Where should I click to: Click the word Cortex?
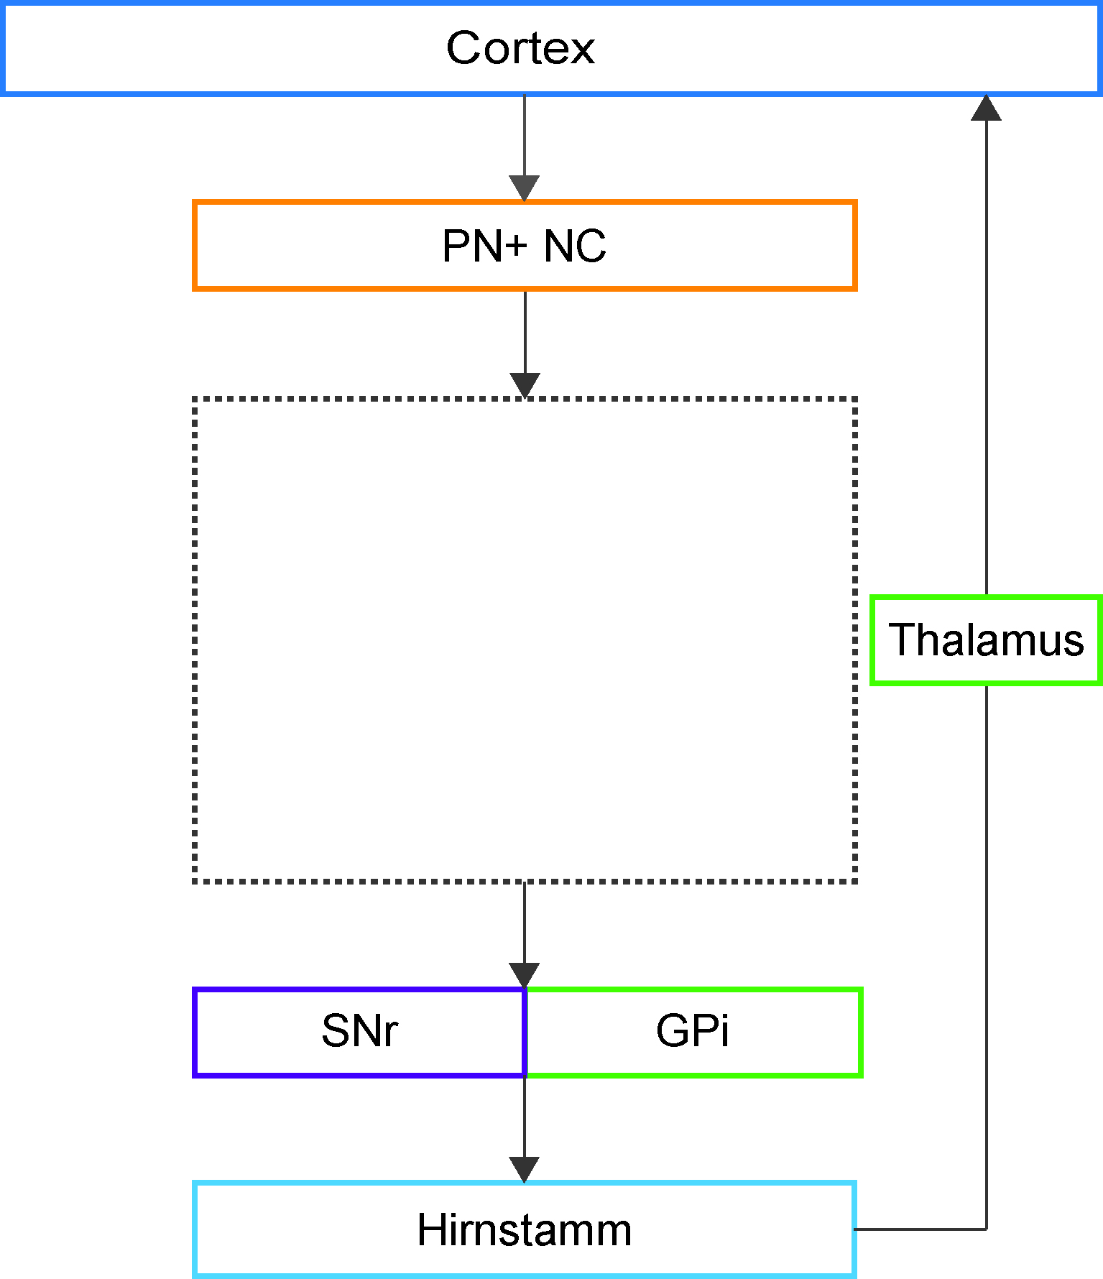pyautogui.click(x=520, y=48)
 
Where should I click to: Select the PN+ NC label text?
pyautogui.click(x=524, y=246)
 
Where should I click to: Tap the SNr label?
pyautogui.click(x=359, y=1030)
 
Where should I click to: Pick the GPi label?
pyautogui.click(x=693, y=1030)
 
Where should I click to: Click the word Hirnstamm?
pyautogui.click(x=524, y=1229)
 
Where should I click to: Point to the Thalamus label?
pyautogui.click(x=986, y=639)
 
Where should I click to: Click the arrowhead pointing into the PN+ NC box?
pyautogui.click(x=525, y=188)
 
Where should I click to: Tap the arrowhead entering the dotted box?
pyautogui.click(x=525, y=386)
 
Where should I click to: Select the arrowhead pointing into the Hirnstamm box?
pyautogui.click(x=525, y=1170)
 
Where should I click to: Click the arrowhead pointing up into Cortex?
pyautogui.click(x=986, y=108)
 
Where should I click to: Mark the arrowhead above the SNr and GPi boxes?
pyautogui.click(x=525, y=976)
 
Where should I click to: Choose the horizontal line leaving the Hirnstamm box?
pyautogui.click(x=920, y=1229)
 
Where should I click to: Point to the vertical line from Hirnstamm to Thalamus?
pyautogui.click(x=986, y=957)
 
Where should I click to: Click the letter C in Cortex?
pyautogui.click(x=463, y=48)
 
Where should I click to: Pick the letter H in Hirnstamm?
pyautogui.click(x=432, y=1229)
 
